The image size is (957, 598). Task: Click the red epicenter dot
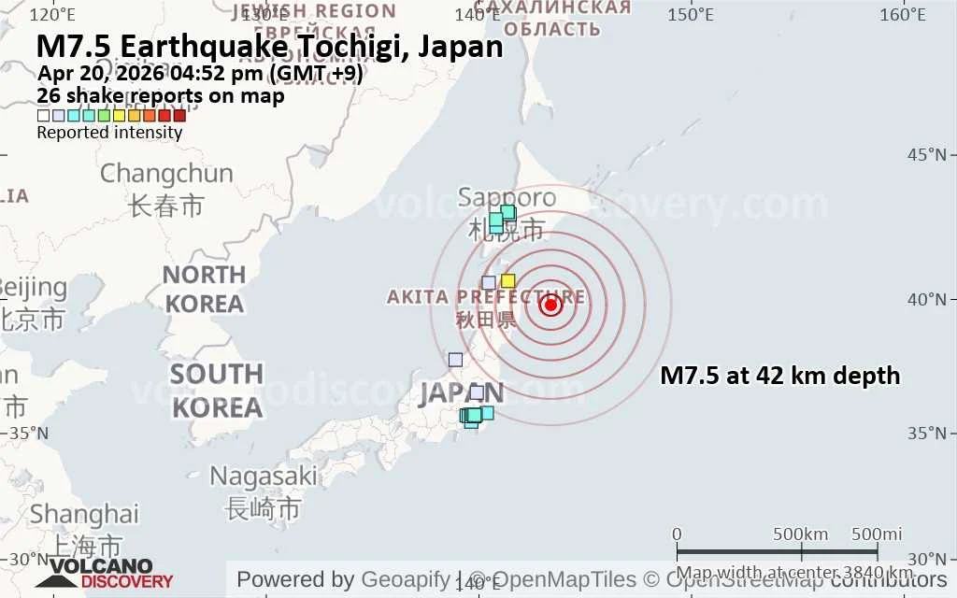(550, 304)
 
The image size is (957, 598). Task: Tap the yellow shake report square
(508, 280)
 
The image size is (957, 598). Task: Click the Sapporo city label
(507, 198)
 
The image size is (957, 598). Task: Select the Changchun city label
(166, 174)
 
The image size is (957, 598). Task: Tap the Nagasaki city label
(263, 476)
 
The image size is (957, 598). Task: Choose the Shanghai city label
(84, 514)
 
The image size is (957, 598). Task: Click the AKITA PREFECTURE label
(486, 297)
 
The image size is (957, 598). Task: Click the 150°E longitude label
(691, 15)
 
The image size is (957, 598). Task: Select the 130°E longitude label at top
(265, 15)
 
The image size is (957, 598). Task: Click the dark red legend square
(179, 116)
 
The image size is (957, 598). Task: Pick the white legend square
(43, 116)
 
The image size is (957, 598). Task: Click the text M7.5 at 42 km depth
(779, 376)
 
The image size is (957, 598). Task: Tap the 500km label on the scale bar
(801, 534)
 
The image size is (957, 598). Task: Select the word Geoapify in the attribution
(405, 579)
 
